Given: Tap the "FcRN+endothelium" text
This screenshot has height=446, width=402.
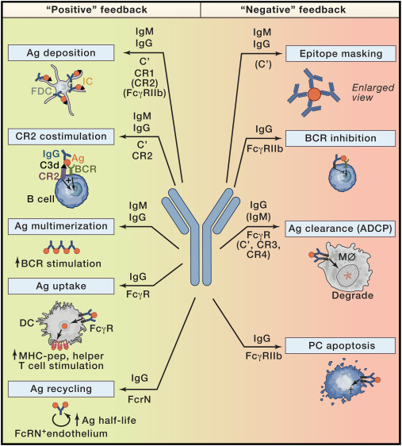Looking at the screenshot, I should click(x=55, y=433).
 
